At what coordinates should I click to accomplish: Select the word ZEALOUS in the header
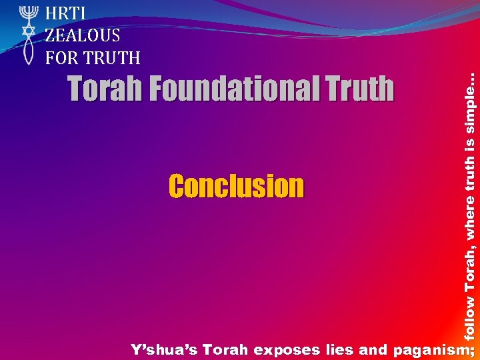(83, 35)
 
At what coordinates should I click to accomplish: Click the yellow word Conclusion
(236, 187)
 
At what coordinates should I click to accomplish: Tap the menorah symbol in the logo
(28, 13)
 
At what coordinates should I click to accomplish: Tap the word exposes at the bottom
(288, 349)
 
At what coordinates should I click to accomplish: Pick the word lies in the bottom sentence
(340, 349)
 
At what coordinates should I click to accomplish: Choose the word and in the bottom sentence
(373, 349)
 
